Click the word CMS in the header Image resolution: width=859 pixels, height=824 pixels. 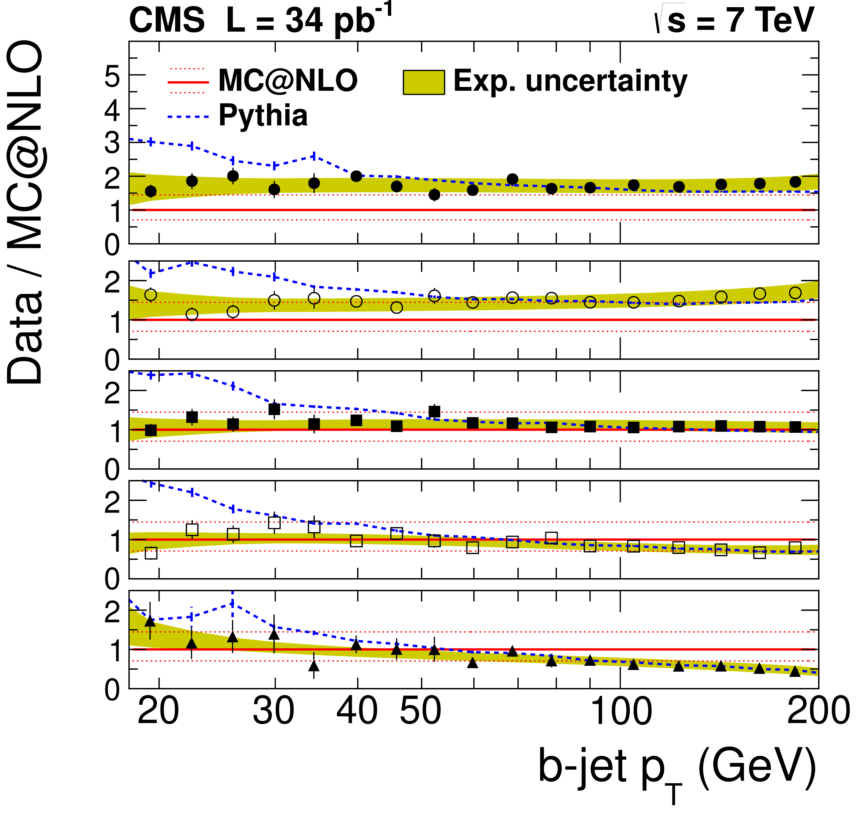[x=167, y=21]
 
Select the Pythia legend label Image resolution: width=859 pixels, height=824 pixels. [x=263, y=116]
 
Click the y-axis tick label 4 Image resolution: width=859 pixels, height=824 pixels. [x=113, y=111]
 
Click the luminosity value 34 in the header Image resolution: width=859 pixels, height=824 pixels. [x=305, y=21]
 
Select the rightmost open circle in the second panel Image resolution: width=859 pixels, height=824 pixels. [x=795, y=293]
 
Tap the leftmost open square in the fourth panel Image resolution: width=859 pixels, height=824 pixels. [x=151, y=553]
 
